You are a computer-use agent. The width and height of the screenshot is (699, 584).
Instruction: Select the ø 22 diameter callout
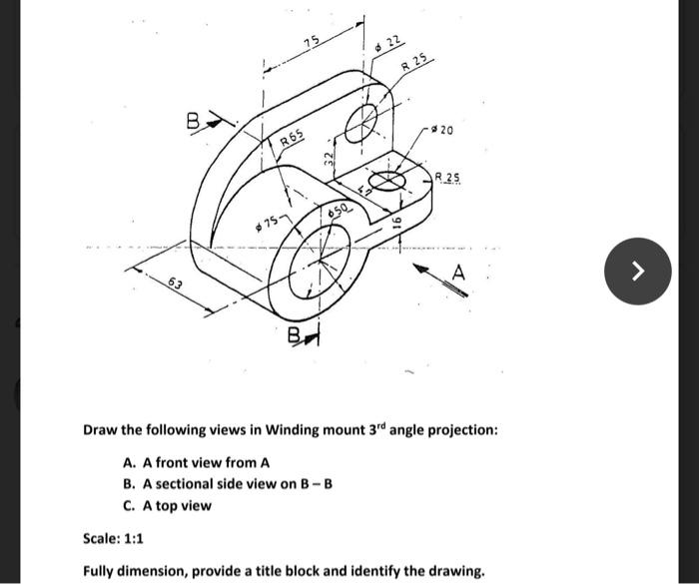(388, 42)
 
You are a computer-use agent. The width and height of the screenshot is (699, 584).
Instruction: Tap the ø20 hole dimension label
(443, 131)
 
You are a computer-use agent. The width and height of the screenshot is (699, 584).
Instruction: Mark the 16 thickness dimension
(397, 226)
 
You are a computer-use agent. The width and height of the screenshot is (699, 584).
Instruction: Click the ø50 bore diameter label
(338, 211)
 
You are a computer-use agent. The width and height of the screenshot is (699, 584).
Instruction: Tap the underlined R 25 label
(447, 178)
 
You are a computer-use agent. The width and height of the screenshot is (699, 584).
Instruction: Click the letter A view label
(458, 271)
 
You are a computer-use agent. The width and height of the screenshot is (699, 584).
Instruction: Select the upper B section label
(193, 123)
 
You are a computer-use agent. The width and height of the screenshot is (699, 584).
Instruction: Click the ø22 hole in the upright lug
(361, 122)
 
